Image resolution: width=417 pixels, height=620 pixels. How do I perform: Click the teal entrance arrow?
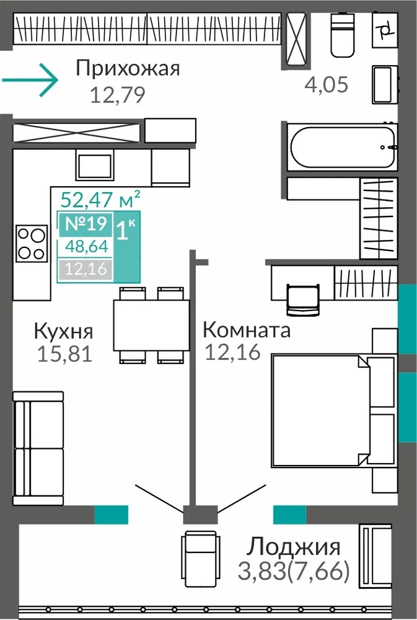(30, 79)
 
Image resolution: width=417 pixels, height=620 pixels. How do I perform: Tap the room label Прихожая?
(128, 68)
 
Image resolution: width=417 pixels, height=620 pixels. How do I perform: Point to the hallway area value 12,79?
(118, 95)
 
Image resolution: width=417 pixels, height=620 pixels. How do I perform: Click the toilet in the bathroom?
(342, 34)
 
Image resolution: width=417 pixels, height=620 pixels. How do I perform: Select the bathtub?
(342, 147)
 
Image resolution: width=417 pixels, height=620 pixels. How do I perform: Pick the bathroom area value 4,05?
(327, 84)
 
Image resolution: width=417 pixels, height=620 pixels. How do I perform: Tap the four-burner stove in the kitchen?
(32, 243)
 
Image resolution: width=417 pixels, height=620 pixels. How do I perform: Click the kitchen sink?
(94, 166)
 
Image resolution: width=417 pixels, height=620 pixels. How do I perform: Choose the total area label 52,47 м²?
(100, 199)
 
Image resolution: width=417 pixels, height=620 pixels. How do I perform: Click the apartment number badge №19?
(86, 224)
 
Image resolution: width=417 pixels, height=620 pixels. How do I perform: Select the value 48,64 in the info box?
(87, 246)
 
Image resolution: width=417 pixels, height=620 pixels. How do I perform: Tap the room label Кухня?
(63, 331)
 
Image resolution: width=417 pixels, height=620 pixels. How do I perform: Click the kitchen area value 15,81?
(64, 353)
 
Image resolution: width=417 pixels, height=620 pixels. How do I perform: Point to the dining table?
(151, 325)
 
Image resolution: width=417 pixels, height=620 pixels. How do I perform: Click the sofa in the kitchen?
(38, 448)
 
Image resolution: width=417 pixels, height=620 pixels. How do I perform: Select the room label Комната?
(246, 330)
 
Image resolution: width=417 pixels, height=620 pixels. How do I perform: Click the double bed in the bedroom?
(333, 410)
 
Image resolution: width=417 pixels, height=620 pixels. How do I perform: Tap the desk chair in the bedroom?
(302, 299)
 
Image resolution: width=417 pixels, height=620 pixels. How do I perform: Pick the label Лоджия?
(293, 547)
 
